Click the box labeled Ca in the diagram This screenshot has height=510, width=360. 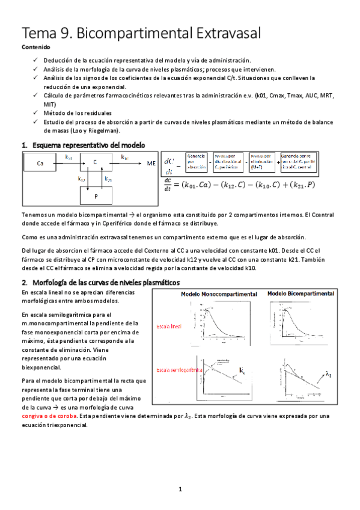tap(40, 163)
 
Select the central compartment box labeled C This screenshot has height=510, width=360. tap(95, 162)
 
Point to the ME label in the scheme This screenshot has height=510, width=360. tap(151, 162)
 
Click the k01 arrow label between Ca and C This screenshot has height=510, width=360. tap(69, 158)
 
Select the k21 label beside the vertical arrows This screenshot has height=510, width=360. tap(108, 179)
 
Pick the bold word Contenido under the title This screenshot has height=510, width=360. tap(36, 47)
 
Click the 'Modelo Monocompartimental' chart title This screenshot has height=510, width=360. tap(219, 294)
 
